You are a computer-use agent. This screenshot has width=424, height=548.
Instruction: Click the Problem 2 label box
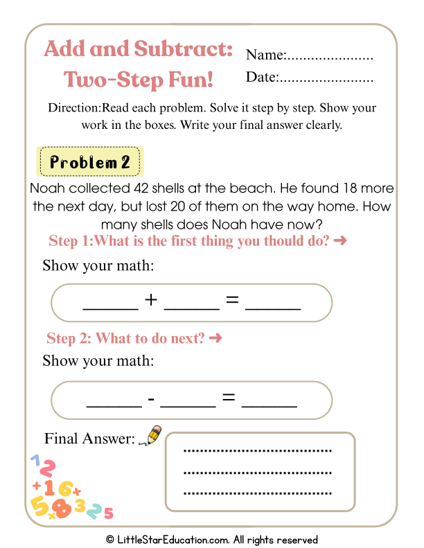pos(90,163)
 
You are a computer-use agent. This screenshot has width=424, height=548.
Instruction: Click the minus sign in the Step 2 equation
pos(151,399)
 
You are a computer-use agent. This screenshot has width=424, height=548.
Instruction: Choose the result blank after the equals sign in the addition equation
pos(273,305)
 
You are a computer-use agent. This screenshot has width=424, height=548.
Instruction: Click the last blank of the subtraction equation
pos(270,403)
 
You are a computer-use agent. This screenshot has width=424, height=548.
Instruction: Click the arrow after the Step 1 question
pos(339,241)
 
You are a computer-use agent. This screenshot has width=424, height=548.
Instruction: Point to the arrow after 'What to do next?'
pos(215,338)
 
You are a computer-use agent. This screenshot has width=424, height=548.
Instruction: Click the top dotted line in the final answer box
pos(258,451)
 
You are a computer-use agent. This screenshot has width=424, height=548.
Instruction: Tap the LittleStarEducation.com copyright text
pos(212,539)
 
